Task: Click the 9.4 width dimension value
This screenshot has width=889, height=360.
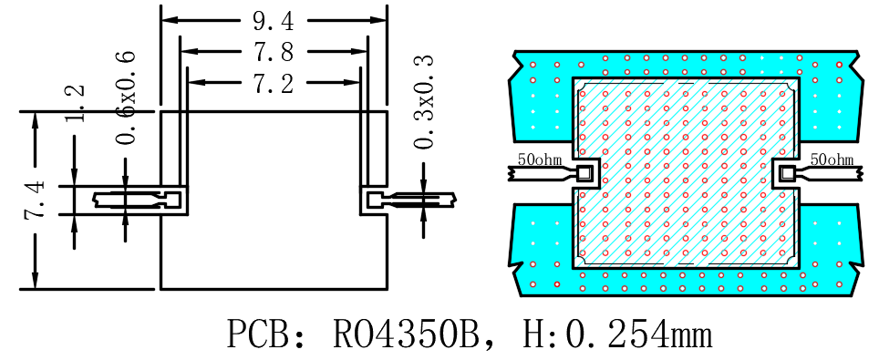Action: pos(274,22)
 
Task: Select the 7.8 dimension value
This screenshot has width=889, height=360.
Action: pos(274,53)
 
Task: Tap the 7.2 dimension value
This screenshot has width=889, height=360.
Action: pos(274,84)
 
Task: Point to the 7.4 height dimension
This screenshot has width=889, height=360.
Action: pos(35,200)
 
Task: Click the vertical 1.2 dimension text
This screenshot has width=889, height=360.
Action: pos(76,103)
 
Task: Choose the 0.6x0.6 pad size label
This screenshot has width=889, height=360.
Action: pos(126,98)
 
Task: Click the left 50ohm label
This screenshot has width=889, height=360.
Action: pos(539,159)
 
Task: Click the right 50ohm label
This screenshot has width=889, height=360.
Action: pos(832,159)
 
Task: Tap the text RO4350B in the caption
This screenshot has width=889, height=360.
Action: pos(408,334)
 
